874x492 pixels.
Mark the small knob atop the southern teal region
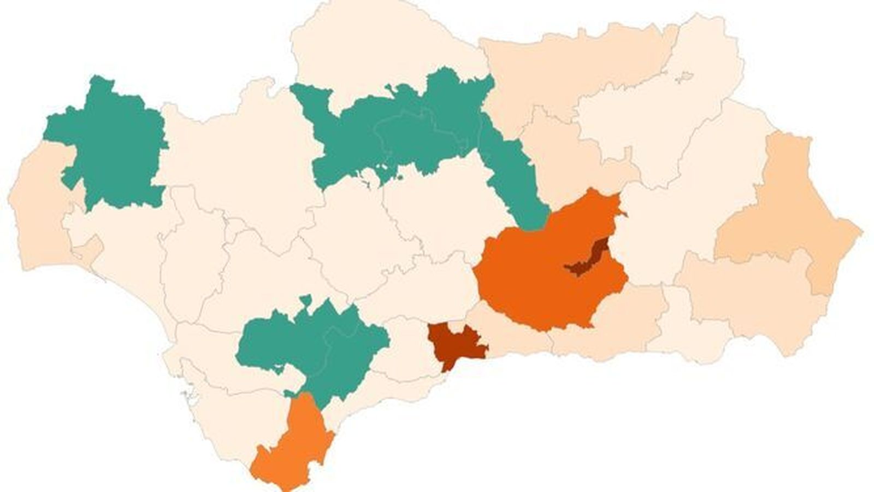305,300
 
